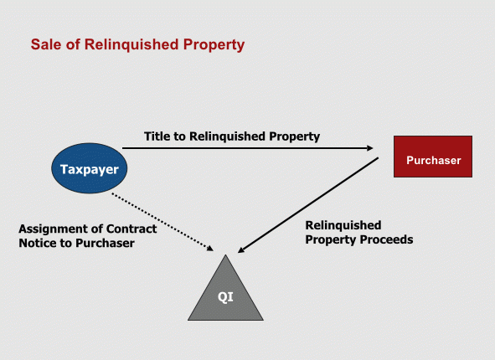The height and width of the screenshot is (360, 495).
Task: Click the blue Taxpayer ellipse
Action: pos(90,168)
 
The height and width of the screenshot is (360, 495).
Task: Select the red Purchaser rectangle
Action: pos(433,157)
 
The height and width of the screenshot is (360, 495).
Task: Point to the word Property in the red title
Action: pos(214,45)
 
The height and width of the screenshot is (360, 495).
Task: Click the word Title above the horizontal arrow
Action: pos(155,136)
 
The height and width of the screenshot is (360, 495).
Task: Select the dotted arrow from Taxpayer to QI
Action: pos(162,222)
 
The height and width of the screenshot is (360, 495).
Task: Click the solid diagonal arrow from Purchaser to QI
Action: pos(307,205)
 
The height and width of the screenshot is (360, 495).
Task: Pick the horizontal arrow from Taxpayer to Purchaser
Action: pos(248,148)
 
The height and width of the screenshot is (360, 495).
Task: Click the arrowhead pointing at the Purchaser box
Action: pos(369,148)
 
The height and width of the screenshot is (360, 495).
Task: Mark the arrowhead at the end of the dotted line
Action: pos(210,249)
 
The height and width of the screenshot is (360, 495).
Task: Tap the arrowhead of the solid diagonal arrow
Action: pos(241,249)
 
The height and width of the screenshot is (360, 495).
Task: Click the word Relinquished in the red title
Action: pos(131,45)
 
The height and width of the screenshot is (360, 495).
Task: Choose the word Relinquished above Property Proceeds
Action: pos(343,225)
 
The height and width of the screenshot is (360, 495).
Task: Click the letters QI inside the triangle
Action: pos(225,297)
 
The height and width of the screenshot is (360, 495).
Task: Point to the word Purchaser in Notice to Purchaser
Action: pos(106,243)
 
